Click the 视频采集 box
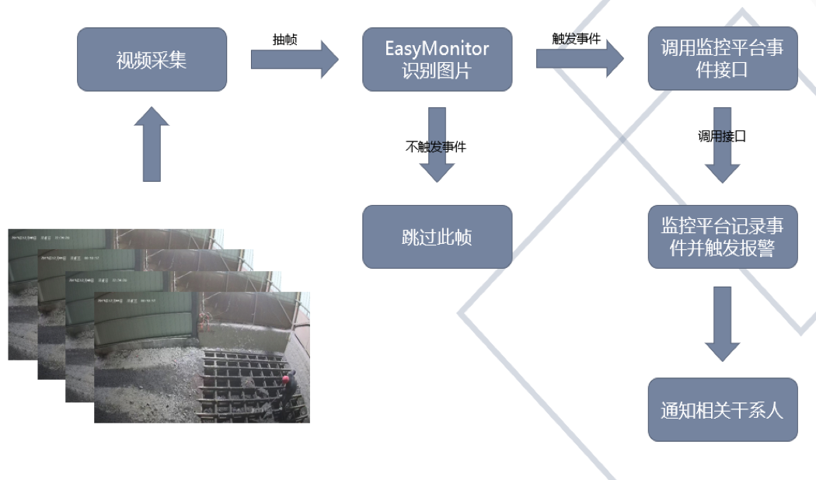coord(152,60)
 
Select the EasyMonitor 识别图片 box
coord(437,60)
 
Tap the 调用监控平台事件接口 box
coord(722,60)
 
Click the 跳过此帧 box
coord(437,237)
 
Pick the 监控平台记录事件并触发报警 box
coord(722,237)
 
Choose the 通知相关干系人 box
coord(722,409)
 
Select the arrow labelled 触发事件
coord(579,57)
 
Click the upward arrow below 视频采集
coord(152,144)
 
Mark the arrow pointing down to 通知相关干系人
coord(722,322)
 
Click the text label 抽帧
coord(284,40)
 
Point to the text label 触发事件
coord(576,38)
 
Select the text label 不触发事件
coord(436,146)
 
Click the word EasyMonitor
coord(437,49)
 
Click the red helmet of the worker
coord(286,378)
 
